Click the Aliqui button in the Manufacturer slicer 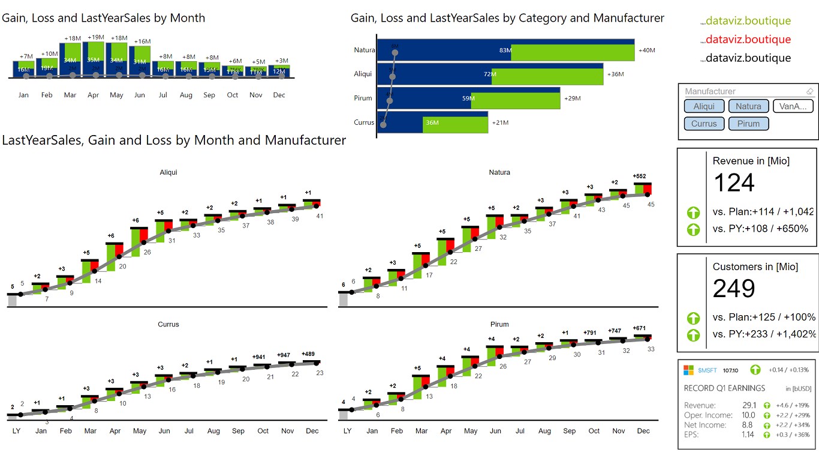[x=704, y=106]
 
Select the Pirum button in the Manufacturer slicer [x=748, y=124]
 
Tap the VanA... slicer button [x=793, y=106]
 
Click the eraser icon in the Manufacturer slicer [x=810, y=91]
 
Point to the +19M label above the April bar [x=96, y=37]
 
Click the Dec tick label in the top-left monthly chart [x=279, y=95]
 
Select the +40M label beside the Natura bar [x=647, y=50]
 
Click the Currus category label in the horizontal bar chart [x=364, y=122]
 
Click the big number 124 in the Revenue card [x=734, y=183]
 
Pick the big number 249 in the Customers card [x=734, y=289]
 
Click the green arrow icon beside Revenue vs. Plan [x=693, y=212]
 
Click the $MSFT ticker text [x=707, y=370]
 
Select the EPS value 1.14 [x=748, y=435]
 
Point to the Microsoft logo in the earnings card [x=689, y=370]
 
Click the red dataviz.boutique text [x=748, y=40]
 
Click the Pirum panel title [x=499, y=324]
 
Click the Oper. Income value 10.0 [x=748, y=415]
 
